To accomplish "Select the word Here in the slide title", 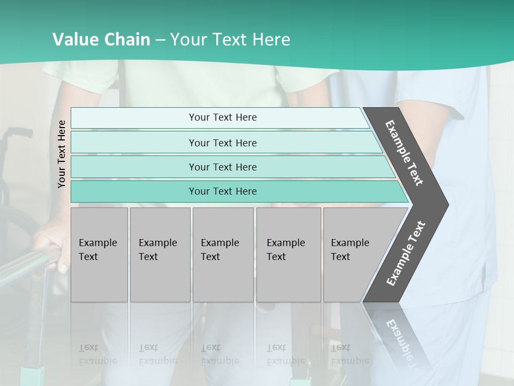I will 271,40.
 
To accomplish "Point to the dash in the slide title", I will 160,40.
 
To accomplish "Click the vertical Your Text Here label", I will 62,154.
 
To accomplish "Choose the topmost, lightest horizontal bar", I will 220,117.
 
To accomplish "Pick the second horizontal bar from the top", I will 225,143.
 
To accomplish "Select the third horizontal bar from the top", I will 230,167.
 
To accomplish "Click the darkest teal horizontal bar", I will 236,191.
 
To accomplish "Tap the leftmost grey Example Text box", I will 99,255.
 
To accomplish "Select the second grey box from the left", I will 160,255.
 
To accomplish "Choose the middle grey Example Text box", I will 223,255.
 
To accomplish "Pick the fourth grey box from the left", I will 289,255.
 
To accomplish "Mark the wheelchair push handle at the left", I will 19,132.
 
